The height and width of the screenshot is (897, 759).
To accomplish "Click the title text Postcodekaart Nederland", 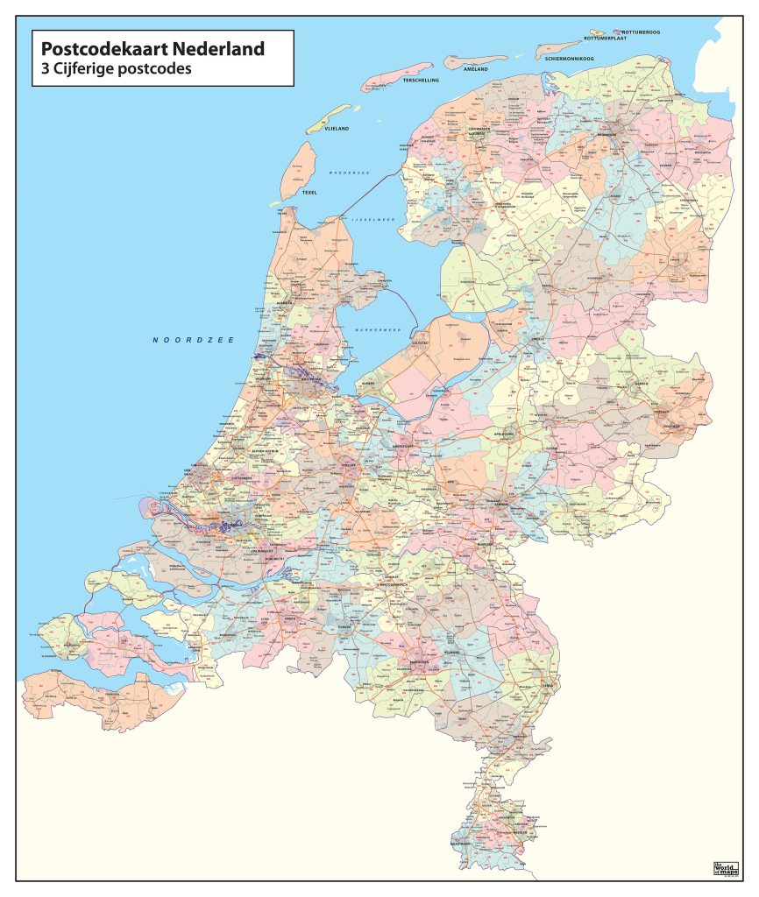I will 152,49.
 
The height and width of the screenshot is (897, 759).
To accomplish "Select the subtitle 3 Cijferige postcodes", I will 112,68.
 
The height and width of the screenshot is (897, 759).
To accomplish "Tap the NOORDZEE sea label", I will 193,340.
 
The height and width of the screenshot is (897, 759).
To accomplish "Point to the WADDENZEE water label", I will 348,173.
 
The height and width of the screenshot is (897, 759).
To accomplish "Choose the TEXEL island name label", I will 309,192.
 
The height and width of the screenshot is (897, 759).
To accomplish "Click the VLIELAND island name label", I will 337,129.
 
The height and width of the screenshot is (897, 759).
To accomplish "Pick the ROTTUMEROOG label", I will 641,32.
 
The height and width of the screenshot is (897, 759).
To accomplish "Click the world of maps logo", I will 726,868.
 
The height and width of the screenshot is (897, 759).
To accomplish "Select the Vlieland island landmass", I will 328,118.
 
